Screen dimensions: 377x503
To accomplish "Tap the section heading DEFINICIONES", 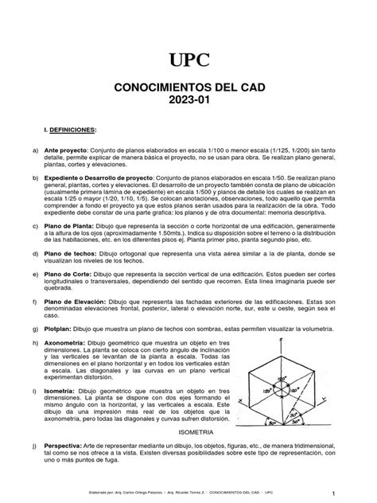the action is pyautogui.click(x=69, y=129).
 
